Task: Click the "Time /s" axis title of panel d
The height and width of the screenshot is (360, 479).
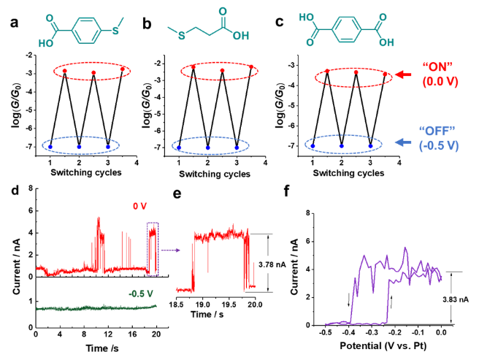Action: [96, 346]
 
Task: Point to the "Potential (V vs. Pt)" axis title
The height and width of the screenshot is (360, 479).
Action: [383, 348]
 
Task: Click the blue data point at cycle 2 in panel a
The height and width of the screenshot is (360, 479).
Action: [80, 147]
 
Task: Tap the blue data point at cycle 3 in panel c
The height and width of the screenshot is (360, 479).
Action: [371, 146]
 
